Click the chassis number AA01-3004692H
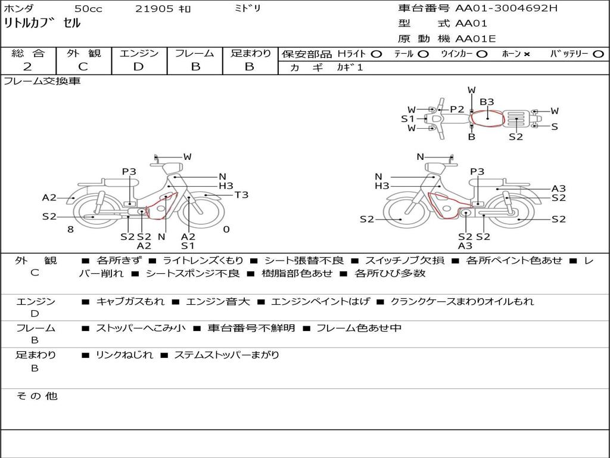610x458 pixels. [506, 8]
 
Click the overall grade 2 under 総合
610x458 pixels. [27, 67]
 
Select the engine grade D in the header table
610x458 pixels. [138, 67]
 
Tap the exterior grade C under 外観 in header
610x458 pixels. [83, 67]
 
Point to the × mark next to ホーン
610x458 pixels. [527, 54]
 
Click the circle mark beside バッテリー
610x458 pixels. [598, 54]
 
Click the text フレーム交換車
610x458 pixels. [42, 81]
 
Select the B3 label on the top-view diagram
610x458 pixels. [487, 102]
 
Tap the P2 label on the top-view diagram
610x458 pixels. [457, 110]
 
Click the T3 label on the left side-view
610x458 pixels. [241, 195]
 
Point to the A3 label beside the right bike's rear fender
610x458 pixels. [559, 188]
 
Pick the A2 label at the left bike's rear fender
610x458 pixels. [49, 197]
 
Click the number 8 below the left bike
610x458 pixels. [70, 230]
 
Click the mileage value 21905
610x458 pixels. [154, 8]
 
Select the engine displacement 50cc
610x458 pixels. [88, 8]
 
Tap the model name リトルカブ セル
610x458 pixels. [42, 23]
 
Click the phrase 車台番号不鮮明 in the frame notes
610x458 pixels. [251, 329]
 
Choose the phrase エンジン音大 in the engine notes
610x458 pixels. [218, 301]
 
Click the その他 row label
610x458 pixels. [37, 396]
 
